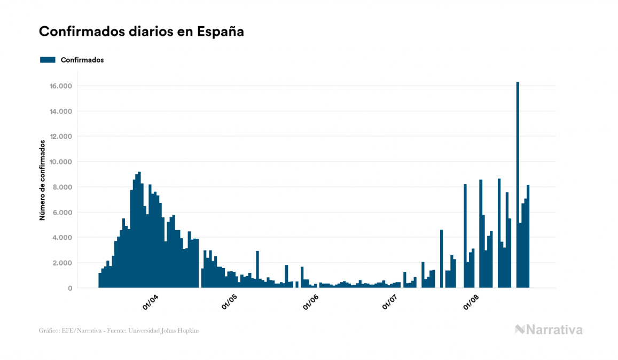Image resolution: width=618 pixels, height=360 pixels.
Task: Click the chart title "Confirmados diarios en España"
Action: [x=141, y=32]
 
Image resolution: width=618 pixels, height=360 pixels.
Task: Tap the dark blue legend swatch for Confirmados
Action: [x=48, y=60]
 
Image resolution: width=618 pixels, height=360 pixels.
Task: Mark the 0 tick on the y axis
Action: [x=69, y=288]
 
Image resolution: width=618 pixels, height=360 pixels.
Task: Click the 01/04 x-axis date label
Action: [x=151, y=302]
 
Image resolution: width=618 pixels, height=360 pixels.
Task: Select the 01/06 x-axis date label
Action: [x=310, y=302]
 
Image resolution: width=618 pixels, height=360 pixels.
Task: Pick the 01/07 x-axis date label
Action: [x=390, y=302]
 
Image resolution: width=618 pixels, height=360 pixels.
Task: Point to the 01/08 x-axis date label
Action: [x=471, y=302]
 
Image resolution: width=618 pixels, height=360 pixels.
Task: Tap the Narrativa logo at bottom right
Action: [x=549, y=330]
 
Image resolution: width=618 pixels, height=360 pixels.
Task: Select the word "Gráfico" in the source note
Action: [x=49, y=331]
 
